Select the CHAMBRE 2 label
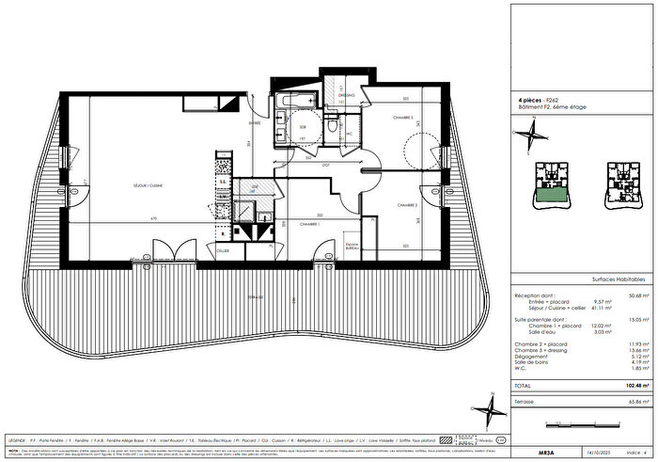[x=406, y=204]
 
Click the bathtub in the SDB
[x=293, y=101]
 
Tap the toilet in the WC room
[x=335, y=127]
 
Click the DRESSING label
[x=346, y=95]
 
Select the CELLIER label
[x=223, y=252]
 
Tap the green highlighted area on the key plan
[x=548, y=196]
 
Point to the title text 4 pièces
[x=533, y=98]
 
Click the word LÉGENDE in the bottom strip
[x=16, y=439]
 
